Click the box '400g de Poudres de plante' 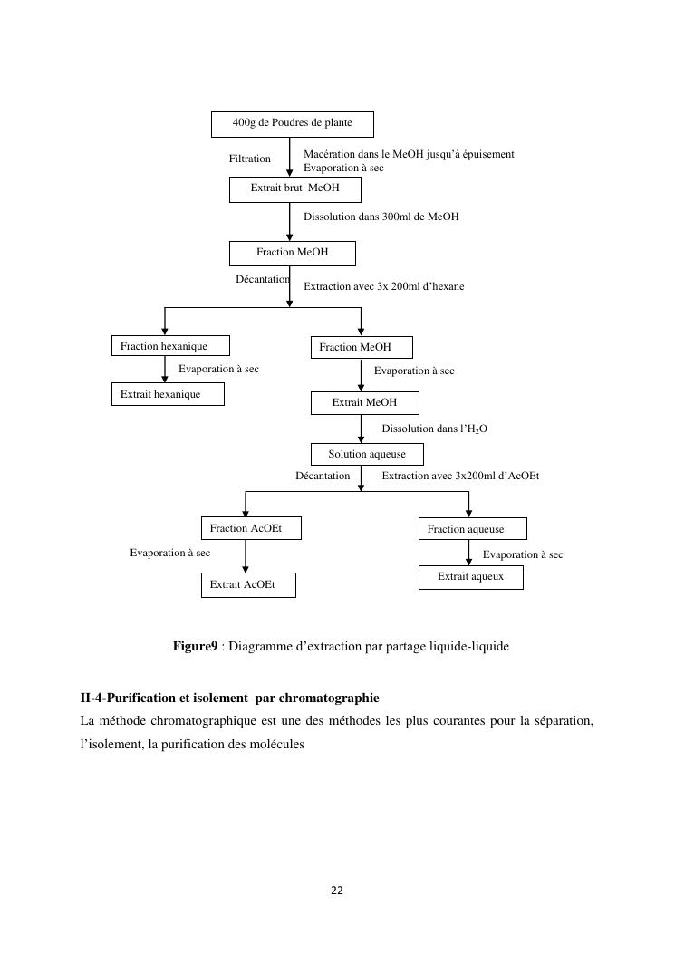[292, 124]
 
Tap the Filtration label [249, 159]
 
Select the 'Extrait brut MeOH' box [294, 189]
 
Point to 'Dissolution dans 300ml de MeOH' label [381, 217]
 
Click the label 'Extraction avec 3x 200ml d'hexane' [383, 287]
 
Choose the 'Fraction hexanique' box [170, 346]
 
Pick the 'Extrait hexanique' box [167, 394]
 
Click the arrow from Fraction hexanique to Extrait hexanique [165, 370]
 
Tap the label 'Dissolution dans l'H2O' [434, 429]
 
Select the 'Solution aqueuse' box [367, 455]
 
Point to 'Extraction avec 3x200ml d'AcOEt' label [460, 476]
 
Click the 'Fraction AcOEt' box [250, 528]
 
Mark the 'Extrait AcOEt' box [247, 585]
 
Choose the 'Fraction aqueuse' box [472, 529]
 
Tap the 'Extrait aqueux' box [470, 577]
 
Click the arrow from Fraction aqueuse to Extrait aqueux [468, 553]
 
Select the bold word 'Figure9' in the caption [195, 647]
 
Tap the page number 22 [337, 891]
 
